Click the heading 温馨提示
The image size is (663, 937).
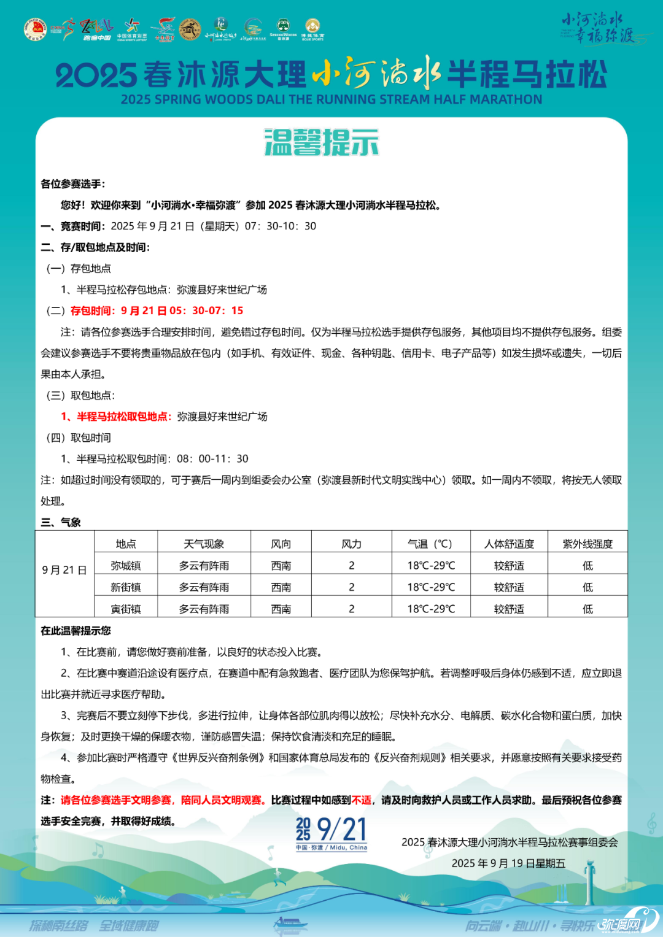tap(321, 142)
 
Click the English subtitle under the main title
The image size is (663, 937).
tap(331, 99)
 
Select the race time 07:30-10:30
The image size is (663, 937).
tap(281, 226)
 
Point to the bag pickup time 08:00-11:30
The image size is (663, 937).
tap(212, 459)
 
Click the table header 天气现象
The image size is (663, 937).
tap(204, 544)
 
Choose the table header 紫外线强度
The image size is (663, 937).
tap(587, 544)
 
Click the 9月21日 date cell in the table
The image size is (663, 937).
tap(64, 570)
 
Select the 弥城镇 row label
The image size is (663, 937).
tap(126, 566)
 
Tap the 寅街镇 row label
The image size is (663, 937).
tap(126, 609)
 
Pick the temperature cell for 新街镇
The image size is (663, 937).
tap(431, 587)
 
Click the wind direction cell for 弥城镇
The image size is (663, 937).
tap(281, 566)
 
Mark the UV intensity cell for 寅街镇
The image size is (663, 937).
tap(587, 609)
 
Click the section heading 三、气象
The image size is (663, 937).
tap(61, 522)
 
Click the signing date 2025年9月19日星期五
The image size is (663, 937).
tap(508, 863)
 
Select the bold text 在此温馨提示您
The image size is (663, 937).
tap(76, 631)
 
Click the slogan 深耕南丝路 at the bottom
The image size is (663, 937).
tap(59, 925)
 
